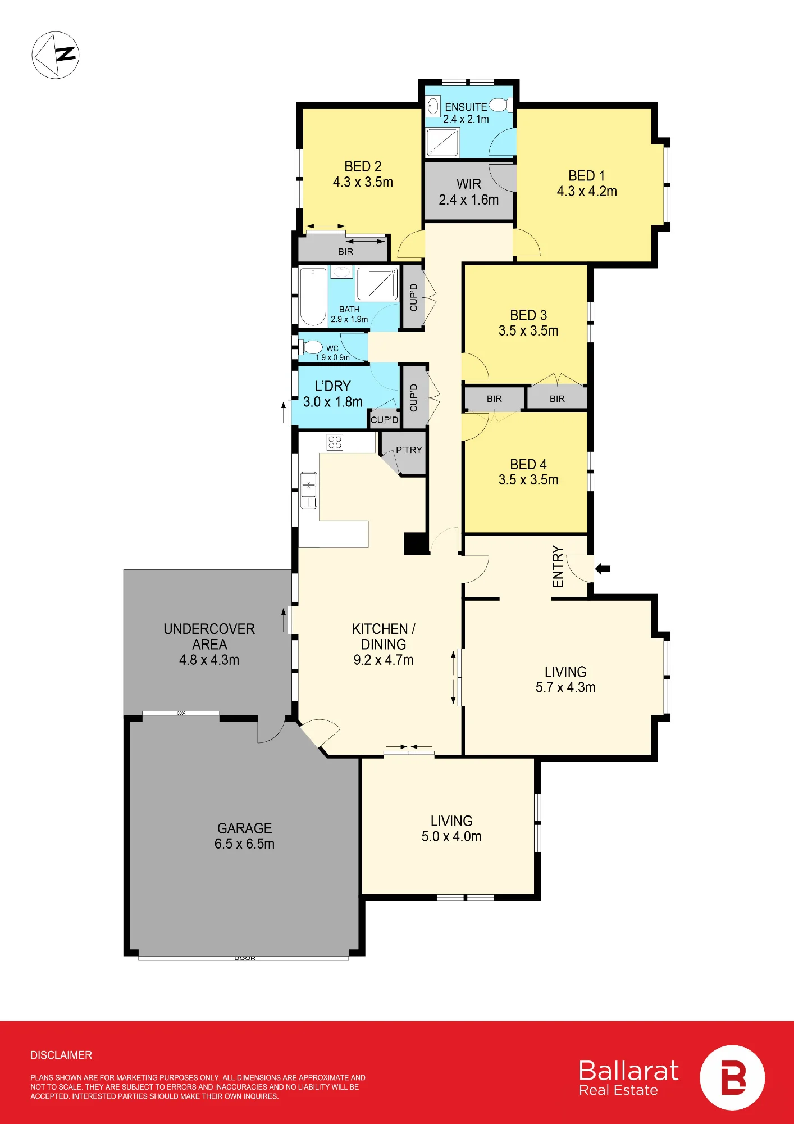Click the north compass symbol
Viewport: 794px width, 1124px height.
coord(56,55)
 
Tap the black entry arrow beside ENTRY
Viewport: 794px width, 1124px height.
coord(603,569)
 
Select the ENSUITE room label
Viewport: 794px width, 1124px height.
coord(466,107)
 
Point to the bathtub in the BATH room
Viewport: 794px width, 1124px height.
coord(313,297)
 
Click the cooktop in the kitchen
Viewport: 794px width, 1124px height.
coord(335,442)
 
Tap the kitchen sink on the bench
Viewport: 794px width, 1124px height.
coord(309,490)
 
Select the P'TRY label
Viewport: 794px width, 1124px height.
coord(409,450)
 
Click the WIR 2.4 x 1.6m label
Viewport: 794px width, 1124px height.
coord(469,192)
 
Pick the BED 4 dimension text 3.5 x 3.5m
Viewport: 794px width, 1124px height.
coord(528,480)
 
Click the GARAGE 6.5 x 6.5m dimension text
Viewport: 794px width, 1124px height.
coord(244,844)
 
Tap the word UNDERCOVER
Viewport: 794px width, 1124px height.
coord(209,629)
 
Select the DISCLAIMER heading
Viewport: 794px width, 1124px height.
coord(61,1055)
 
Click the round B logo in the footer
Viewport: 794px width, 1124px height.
coord(732,1078)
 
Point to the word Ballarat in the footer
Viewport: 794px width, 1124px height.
coord(629,1071)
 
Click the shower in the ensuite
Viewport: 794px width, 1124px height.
coord(442,142)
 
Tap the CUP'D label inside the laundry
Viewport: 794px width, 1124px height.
coord(385,420)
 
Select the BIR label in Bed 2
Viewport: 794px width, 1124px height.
coord(346,252)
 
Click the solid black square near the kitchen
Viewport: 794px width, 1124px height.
coord(416,543)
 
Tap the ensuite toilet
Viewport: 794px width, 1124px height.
coord(500,105)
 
